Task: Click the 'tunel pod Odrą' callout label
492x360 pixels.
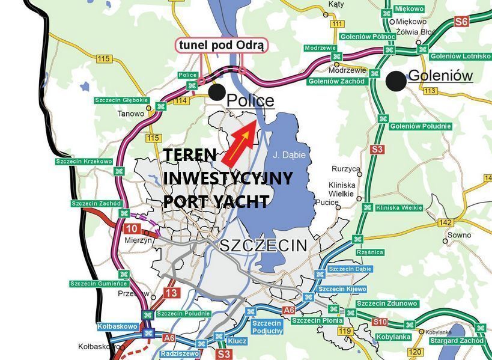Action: (222, 46)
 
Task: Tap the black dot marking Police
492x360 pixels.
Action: (217, 92)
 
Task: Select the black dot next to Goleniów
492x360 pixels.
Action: (395, 81)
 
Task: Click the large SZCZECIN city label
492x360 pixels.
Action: (263, 245)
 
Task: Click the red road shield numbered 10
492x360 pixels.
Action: (132, 229)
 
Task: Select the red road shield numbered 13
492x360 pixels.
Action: (171, 293)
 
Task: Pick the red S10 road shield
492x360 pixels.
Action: (379, 322)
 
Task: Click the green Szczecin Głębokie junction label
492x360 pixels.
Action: (120, 100)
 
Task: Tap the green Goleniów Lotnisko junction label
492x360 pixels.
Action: (460, 56)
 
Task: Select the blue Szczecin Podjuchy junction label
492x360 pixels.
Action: (267, 327)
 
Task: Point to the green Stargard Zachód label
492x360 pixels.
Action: (457, 341)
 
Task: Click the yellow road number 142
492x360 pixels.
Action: (445, 222)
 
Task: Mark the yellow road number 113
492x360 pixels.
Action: (430, 91)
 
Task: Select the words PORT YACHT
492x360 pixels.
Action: (216, 201)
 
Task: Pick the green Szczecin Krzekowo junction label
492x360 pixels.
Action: (84, 161)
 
